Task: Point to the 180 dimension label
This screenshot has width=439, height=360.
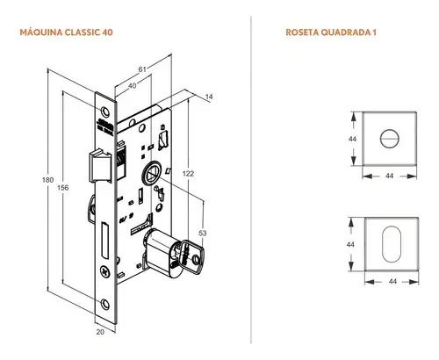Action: [47, 181]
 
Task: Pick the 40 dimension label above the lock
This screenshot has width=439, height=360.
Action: [133, 86]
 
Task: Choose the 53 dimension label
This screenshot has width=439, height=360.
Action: [205, 233]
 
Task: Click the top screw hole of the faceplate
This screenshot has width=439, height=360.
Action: [106, 109]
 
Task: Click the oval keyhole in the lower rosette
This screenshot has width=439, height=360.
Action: [390, 243]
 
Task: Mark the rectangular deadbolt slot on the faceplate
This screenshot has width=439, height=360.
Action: [105, 238]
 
